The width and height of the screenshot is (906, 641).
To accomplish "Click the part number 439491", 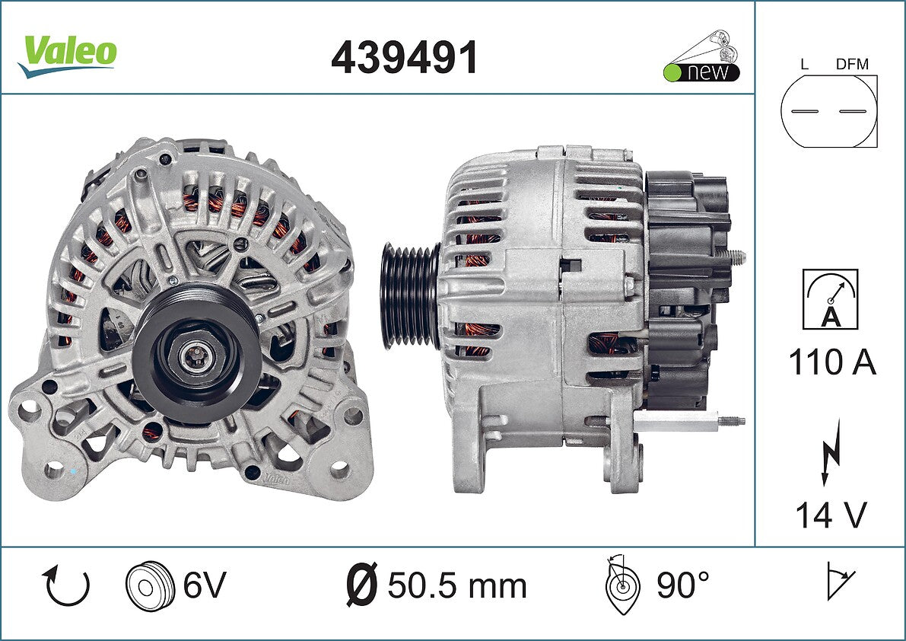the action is [405, 58].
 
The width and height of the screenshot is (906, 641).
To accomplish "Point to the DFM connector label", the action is [852, 64].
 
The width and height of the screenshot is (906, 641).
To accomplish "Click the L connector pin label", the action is [804, 64].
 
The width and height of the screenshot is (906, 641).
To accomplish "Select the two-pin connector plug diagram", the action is [828, 111].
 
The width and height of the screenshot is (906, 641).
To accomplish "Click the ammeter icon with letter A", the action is [830, 299].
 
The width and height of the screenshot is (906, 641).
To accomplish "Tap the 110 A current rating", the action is [832, 362].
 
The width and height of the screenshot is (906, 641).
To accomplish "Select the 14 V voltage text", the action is [831, 515].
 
